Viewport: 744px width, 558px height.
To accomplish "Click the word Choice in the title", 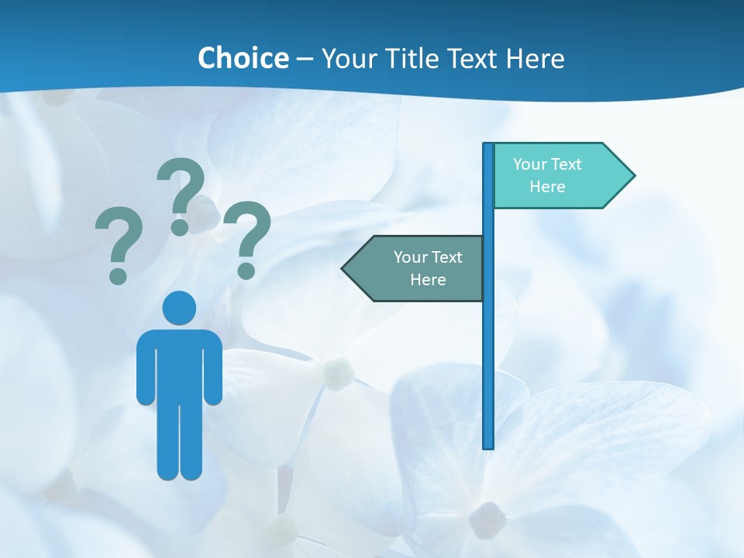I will [x=243, y=58].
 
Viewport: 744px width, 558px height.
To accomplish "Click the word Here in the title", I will [x=535, y=58].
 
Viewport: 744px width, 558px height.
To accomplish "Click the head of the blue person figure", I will [x=179, y=308].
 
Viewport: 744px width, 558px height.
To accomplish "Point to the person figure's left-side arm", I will [x=145, y=368].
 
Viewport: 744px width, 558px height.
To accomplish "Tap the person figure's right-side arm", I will [x=214, y=368].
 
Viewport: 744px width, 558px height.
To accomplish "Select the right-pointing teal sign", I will [x=558, y=176].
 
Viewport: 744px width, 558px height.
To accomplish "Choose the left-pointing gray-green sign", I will [x=418, y=268].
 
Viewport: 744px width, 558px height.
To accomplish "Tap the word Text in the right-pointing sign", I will [x=567, y=164].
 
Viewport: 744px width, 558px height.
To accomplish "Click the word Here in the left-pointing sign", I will [x=428, y=280].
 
